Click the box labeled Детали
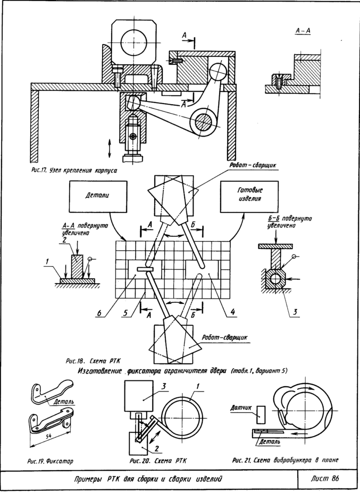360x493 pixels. (x=97, y=195)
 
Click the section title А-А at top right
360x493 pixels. (x=303, y=31)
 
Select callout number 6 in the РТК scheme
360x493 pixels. (x=98, y=313)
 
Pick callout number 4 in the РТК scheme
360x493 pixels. (x=232, y=313)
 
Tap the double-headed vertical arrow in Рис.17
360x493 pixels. (x=109, y=148)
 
